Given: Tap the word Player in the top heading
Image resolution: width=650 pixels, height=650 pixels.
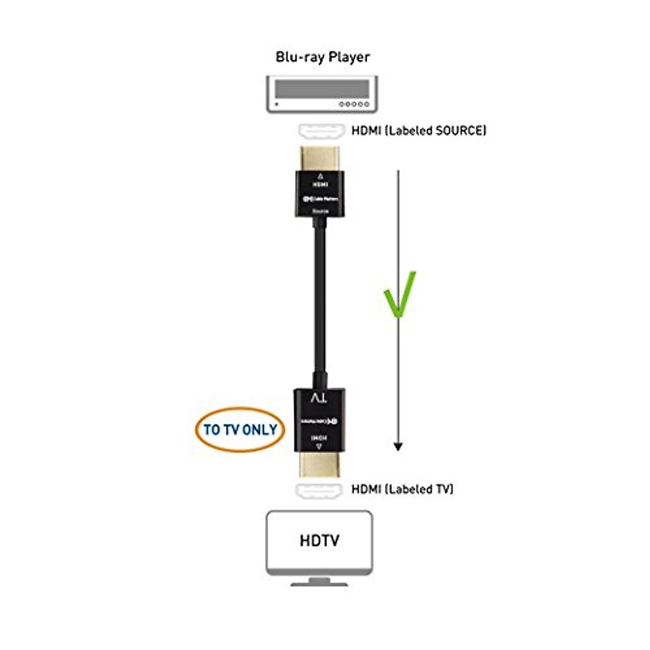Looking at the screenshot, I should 349,57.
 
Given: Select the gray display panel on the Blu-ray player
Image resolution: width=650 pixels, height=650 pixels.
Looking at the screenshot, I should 322,88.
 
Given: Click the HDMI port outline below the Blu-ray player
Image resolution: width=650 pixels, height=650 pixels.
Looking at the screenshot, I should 321,131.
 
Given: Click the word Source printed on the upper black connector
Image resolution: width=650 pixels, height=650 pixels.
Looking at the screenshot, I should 321,211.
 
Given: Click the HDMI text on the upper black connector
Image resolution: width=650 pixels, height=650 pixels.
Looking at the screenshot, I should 320,185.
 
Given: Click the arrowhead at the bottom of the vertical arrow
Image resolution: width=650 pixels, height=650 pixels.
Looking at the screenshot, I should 398,447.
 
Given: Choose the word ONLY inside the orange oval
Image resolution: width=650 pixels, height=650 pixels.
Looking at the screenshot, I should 259,430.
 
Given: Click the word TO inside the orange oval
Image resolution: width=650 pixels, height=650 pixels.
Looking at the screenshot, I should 211,430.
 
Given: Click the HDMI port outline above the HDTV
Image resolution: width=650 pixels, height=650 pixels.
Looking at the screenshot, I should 320,490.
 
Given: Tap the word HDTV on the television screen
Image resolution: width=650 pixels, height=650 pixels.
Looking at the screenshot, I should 320,541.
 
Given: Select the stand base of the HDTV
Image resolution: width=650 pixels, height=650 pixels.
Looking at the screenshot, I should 320,583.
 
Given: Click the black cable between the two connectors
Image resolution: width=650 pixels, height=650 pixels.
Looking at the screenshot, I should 320,303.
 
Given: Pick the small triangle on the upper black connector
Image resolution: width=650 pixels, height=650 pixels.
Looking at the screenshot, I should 320,177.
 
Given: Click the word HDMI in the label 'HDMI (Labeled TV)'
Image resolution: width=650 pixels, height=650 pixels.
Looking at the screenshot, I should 366,489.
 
